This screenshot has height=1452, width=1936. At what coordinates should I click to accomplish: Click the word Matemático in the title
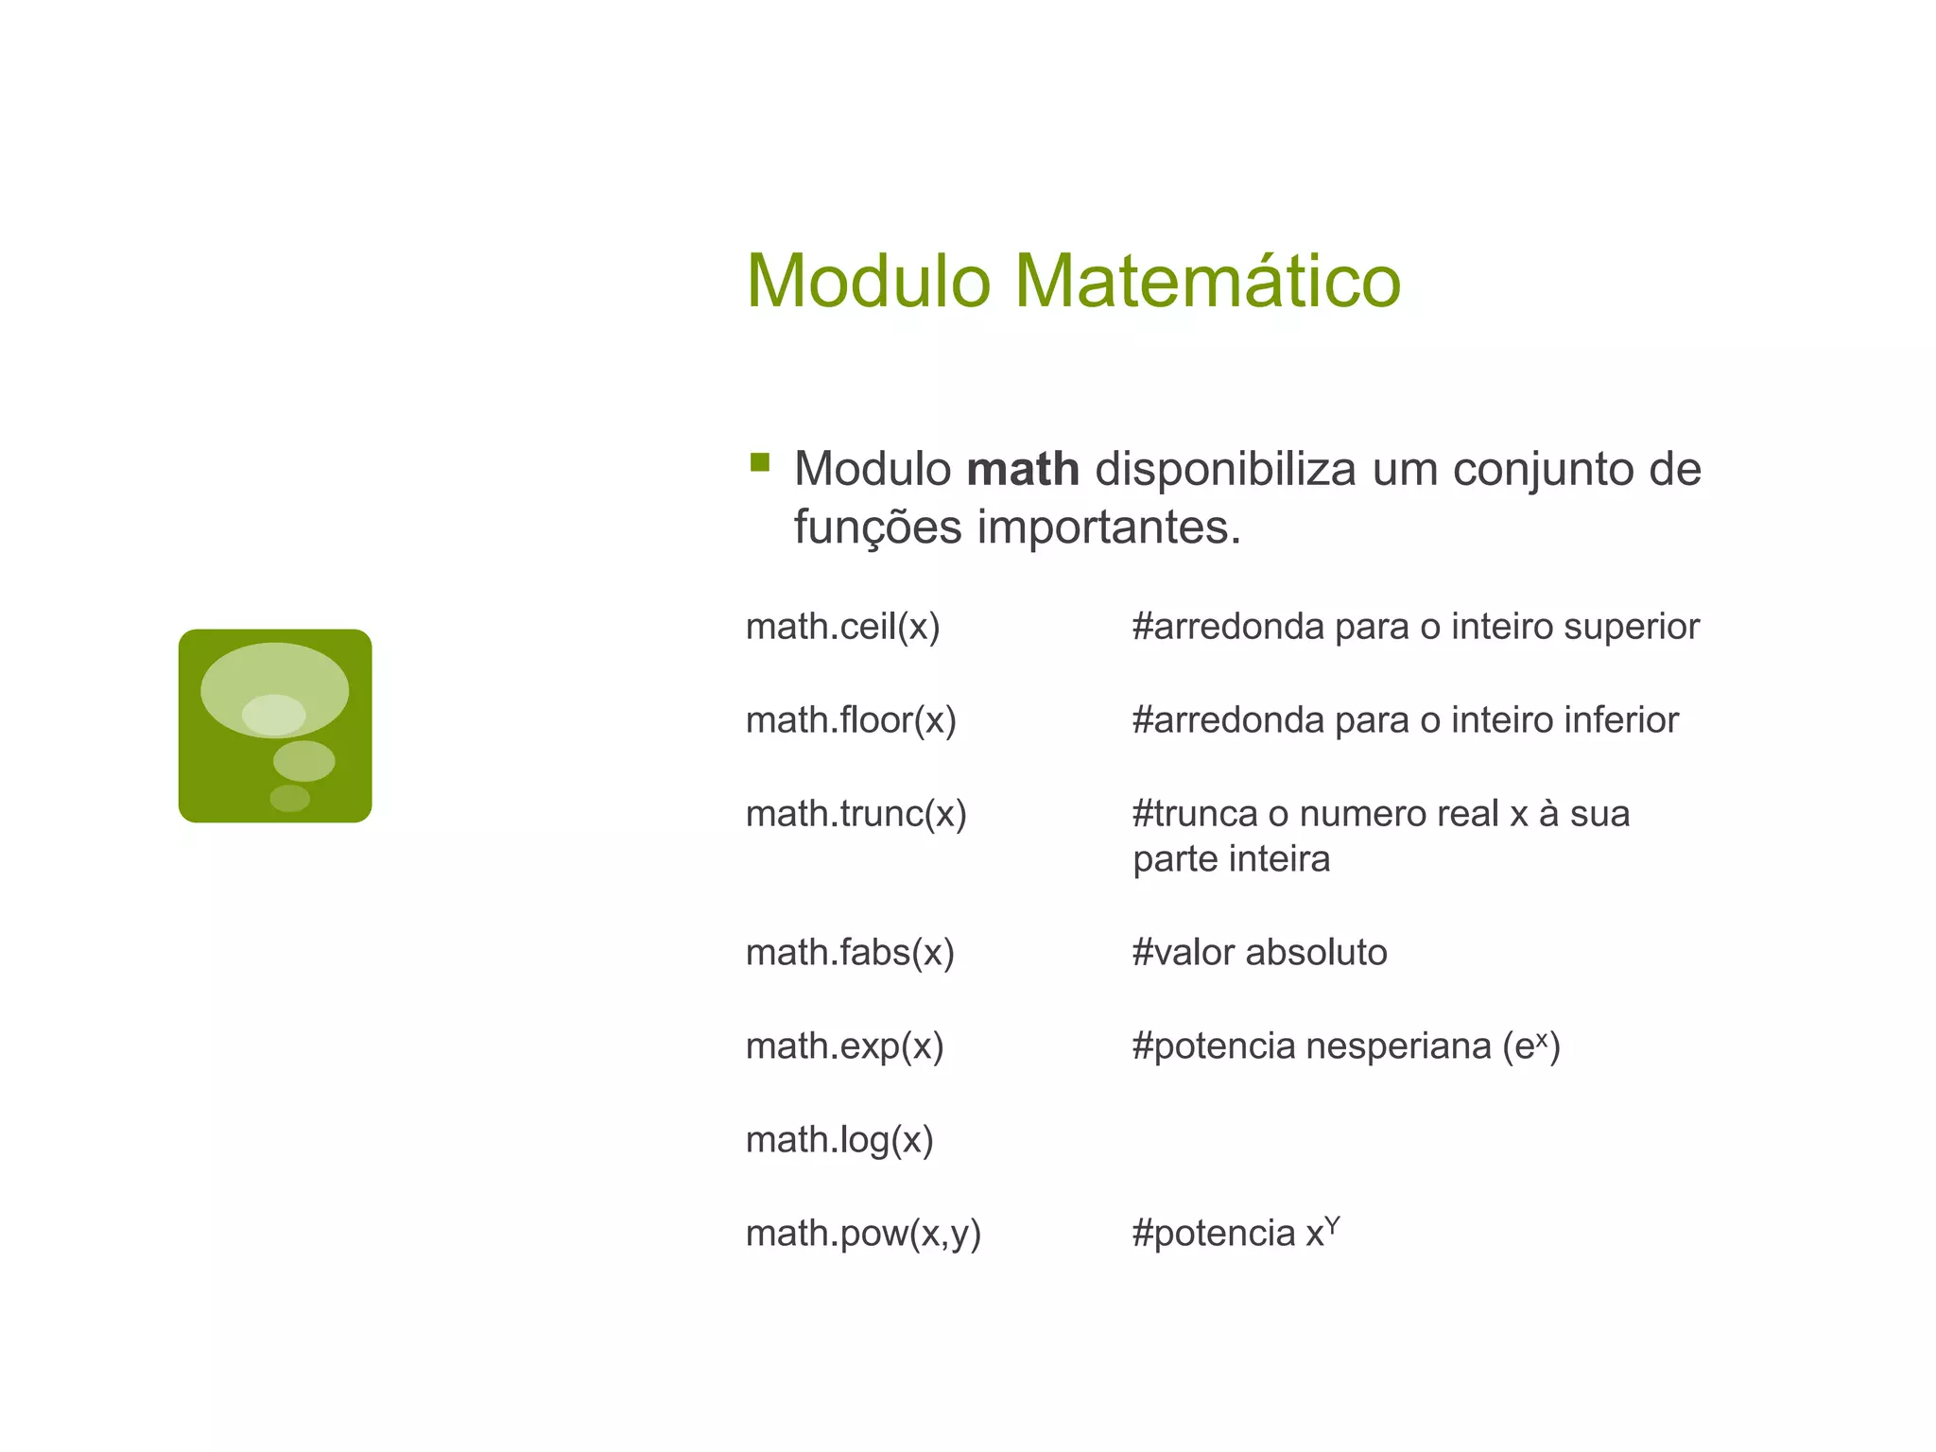1207,281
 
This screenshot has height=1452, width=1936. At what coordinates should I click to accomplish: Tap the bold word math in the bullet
1023,469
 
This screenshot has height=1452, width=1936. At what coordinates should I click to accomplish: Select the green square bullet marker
759,462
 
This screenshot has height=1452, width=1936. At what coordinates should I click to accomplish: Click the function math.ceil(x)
842,627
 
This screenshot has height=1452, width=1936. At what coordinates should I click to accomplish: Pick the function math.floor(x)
851,720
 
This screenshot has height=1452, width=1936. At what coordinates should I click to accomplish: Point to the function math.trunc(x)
856,814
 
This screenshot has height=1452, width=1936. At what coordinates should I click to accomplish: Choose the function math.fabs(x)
850,953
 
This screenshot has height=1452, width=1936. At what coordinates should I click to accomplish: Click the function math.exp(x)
844,1046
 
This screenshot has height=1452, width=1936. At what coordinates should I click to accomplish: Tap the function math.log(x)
839,1140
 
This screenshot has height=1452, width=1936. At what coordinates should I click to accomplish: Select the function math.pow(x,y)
863,1234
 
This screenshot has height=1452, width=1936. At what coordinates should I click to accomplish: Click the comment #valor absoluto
1259,953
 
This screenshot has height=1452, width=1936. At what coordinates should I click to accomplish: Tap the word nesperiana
1398,1046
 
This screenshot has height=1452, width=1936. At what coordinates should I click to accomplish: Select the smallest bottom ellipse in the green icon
289,799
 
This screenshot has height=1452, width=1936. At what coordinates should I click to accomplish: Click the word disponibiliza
1225,469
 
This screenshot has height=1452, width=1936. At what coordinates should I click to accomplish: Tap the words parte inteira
1231,859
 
